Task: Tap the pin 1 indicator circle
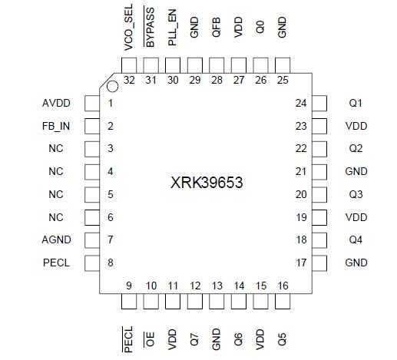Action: coord(112,87)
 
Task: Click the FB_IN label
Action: coord(56,126)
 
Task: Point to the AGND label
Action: coord(56,240)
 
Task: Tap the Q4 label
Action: coord(356,240)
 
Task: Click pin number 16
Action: coord(283,286)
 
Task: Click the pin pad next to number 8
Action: coord(91,263)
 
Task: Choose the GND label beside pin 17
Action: coord(356,263)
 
